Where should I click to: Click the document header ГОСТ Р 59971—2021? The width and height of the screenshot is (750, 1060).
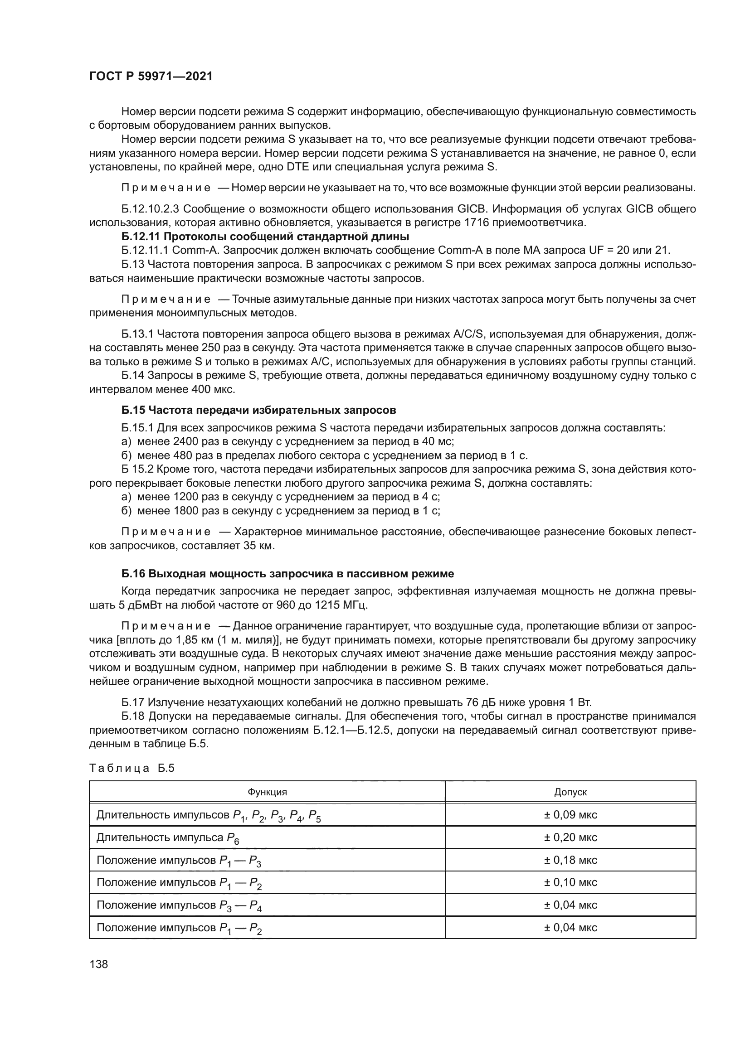(151, 77)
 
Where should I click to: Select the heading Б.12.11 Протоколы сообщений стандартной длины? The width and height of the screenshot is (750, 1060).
(266, 237)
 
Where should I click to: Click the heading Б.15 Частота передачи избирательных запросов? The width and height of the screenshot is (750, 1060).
(258, 410)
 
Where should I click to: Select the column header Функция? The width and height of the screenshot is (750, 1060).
(267, 792)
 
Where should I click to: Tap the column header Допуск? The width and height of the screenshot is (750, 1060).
(570, 792)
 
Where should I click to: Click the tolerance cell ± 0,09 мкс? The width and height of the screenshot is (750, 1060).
(570, 815)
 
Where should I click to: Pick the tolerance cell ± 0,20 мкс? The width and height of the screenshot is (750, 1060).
(570, 837)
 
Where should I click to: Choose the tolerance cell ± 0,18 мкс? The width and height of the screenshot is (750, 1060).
(570, 860)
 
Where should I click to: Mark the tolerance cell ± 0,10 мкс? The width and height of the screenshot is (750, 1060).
(570, 882)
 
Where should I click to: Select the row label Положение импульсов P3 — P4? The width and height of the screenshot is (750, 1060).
(179, 905)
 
